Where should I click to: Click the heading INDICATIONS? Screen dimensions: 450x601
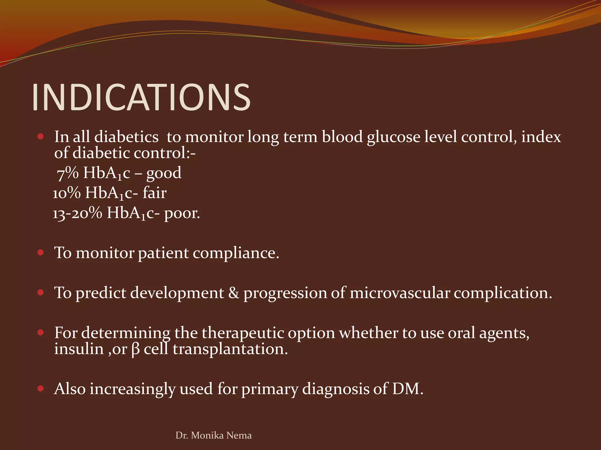(x=141, y=97)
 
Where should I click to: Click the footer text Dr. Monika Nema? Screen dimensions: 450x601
(x=213, y=435)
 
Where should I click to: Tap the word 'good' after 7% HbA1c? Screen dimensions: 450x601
(x=164, y=173)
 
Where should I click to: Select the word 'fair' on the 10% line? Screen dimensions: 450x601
(x=155, y=193)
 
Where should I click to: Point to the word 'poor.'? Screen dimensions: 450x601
(x=182, y=213)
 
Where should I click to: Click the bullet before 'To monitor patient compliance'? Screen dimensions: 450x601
(x=40, y=252)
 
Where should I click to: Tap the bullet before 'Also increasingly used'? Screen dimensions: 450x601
(x=40, y=388)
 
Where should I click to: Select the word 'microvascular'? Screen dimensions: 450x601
(x=400, y=293)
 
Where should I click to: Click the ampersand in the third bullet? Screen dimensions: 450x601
(x=234, y=293)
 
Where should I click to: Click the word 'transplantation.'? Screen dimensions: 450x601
(x=230, y=349)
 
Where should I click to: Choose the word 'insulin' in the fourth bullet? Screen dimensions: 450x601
(x=79, y=349)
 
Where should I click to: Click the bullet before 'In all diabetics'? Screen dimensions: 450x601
(x=40, y=136)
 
